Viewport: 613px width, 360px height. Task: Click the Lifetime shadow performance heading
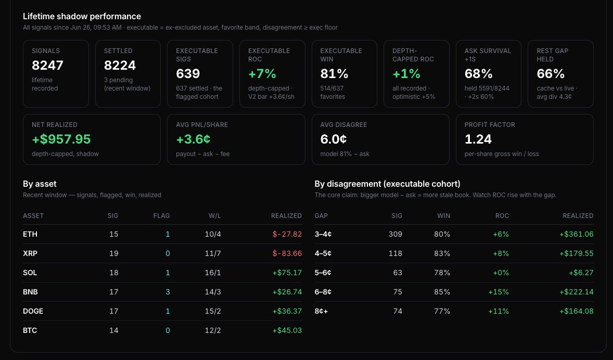point(82,17)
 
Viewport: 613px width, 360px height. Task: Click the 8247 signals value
point(47,65)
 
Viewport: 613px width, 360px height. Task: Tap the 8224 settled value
point(120,65)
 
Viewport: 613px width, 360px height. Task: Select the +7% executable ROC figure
point(262,73)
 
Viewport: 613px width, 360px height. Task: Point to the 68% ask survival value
point(479,73)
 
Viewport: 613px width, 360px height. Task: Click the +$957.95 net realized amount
point(61,139)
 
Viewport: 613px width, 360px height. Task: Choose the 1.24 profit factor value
point(478,139)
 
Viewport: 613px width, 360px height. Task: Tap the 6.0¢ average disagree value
point(334,139)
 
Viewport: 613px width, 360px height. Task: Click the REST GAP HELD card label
point(552,55)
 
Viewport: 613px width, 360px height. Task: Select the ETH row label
point(30,234)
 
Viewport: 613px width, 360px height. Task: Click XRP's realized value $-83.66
point(287,253)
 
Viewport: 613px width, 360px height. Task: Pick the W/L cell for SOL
point(213,273)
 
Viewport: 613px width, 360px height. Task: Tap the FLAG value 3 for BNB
point(168,292)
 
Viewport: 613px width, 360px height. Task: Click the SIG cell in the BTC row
point(114,330)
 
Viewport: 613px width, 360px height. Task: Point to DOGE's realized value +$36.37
point(287,311)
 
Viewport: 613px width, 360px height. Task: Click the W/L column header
point(214,216)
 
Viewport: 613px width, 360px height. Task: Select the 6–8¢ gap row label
point(323,292)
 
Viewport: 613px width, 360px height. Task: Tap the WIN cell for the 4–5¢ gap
point(442,253)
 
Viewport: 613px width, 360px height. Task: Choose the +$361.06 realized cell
point(576,234)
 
